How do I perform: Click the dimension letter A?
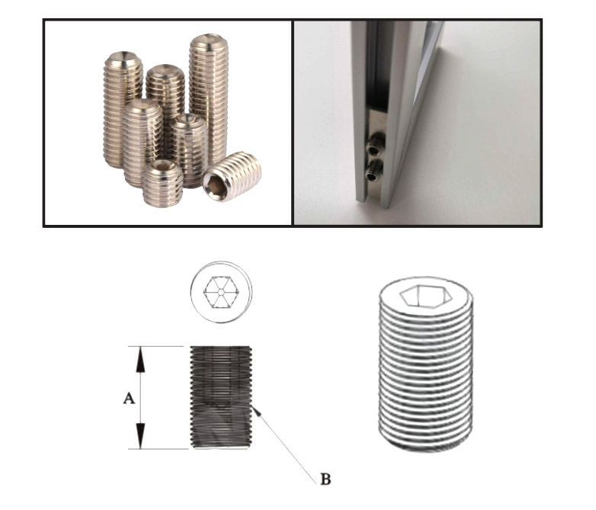coord(130,399)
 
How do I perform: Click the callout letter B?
coord(325,480)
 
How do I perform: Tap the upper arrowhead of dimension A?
coord(141,359)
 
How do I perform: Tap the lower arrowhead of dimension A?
coord(141,436)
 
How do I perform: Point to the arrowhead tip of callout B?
coord(252,407)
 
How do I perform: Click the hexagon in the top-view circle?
coord(220,292)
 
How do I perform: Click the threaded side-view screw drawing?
coord(220,398)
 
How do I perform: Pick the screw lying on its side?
coord(232,177)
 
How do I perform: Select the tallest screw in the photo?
coord(209,101)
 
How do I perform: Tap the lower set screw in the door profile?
coord(374,171)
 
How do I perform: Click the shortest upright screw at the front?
coord(163,183)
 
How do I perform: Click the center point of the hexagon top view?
coord(220,292)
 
